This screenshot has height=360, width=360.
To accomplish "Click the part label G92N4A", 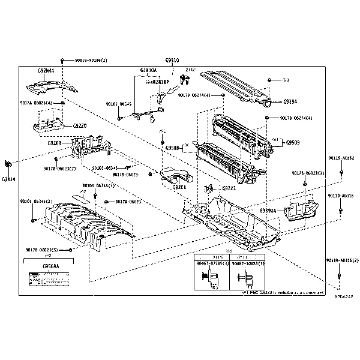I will pos(46,70).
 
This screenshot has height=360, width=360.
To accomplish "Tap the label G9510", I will pos(172,61).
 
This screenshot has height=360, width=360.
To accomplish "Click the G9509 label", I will pos(293,143).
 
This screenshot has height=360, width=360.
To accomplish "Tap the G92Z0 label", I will pos(79,126).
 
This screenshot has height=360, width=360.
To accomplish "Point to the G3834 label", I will pos(8,178).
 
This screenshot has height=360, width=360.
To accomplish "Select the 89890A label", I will pos(268,211).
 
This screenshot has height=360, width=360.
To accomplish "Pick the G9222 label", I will pos(229,188).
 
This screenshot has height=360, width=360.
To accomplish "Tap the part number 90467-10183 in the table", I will pos(248,263).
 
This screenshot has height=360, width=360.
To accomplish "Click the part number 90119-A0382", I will pos(340,158).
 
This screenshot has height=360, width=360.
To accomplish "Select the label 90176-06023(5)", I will pos(43,249).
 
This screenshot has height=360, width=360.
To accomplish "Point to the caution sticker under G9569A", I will pos(50,280).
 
